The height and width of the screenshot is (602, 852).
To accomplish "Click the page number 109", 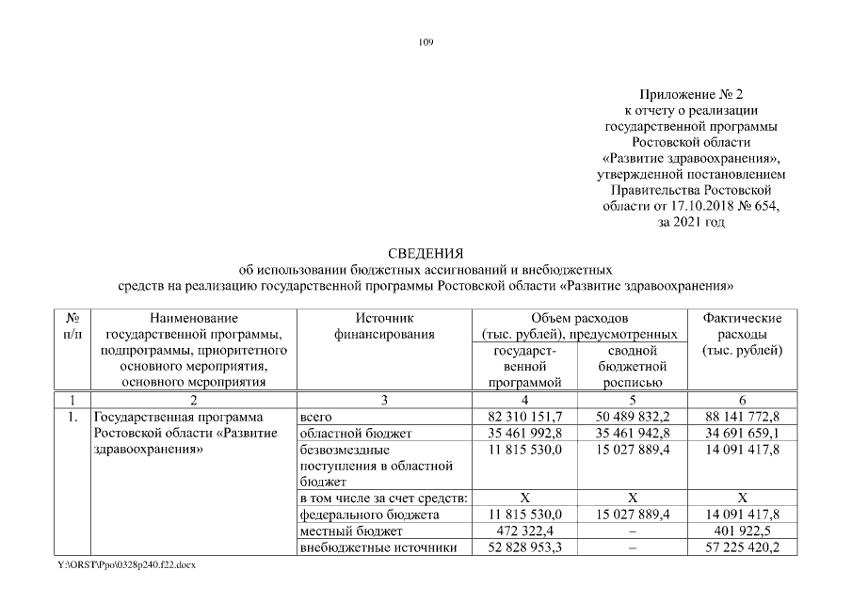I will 426,42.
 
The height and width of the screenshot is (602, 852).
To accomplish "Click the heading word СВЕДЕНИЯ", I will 426,253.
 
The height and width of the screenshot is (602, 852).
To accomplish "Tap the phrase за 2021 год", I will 691,222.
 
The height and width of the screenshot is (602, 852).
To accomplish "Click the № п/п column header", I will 72,326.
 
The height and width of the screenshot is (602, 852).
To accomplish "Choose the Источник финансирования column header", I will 384,326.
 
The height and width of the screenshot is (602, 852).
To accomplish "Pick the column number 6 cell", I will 742,401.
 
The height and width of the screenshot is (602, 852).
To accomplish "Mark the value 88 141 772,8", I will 742,417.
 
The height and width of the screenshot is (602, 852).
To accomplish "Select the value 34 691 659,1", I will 742,434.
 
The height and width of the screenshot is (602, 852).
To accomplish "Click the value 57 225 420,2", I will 742,548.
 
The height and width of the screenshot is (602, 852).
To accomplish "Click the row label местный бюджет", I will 339,531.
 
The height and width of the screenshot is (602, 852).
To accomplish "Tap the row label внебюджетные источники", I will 378,548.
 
